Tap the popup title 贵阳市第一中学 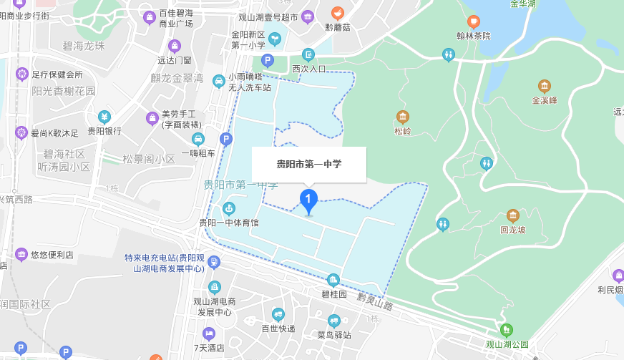(309, 164)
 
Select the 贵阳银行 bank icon (104, 117)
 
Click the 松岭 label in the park (403, 131)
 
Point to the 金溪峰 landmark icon (545, 87)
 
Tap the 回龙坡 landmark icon (513, 215)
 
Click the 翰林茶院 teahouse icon (473, 22)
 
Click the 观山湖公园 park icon (507, 330)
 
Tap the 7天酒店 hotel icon (209, 334)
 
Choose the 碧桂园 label (333, 293)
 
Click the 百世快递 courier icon (278, 314)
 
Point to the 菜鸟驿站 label (333, 334)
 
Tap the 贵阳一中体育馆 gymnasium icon (229, 209)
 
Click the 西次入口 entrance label (309, 69)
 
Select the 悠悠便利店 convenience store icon (21, 254)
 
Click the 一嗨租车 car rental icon (198, 139)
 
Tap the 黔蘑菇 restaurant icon (338, 14)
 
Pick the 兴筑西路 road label (16, 199)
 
